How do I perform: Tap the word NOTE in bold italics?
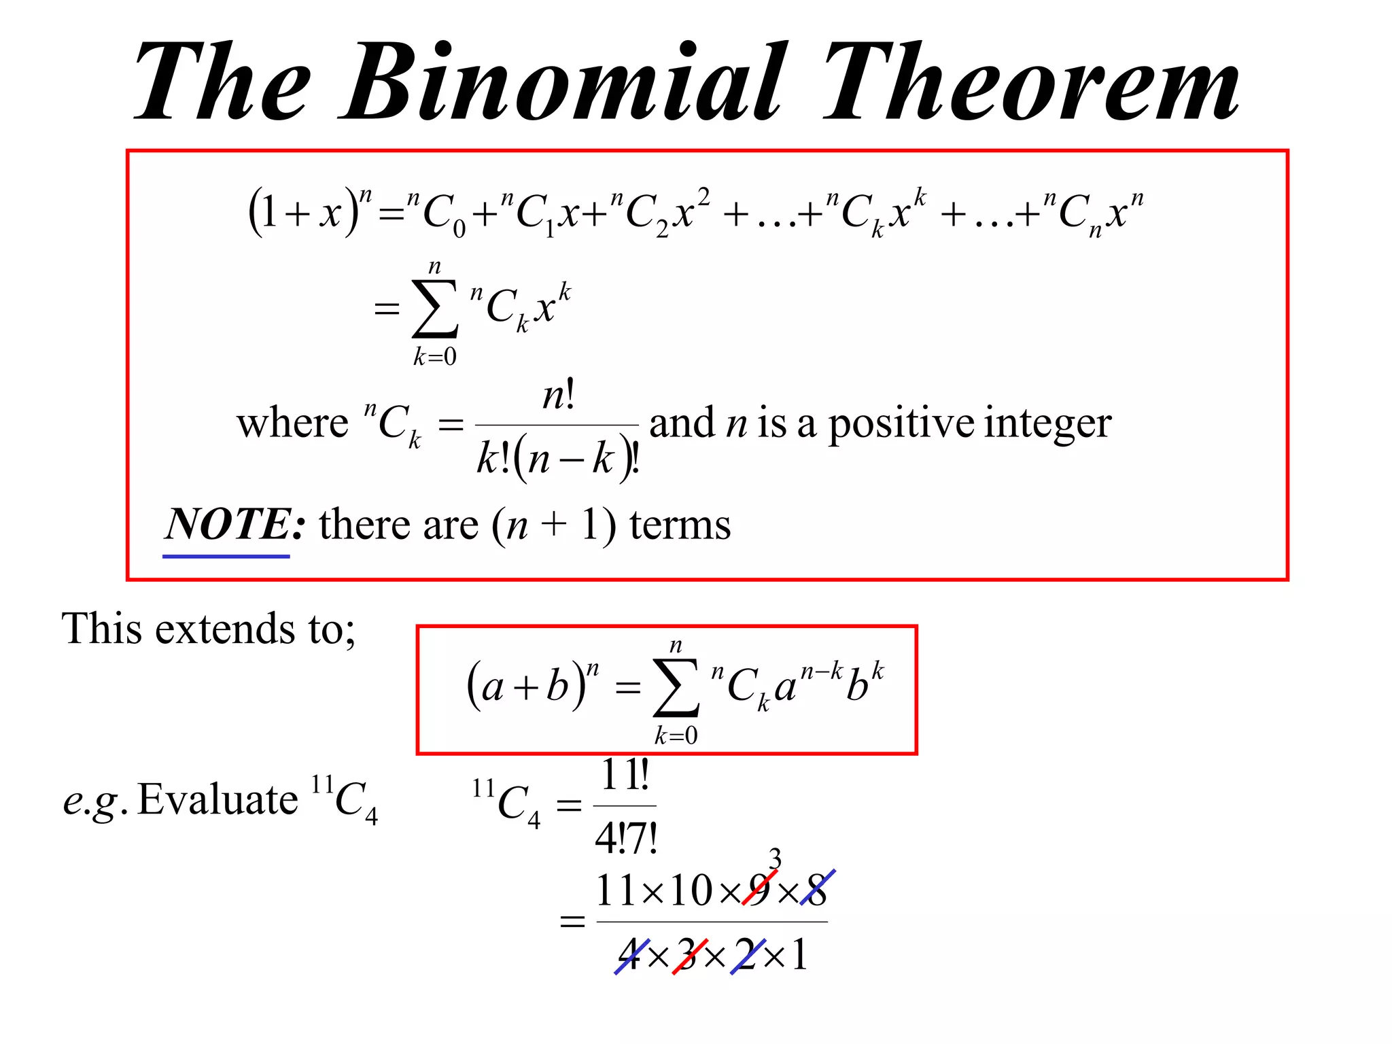228,524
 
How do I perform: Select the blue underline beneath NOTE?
226,556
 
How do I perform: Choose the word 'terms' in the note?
680,525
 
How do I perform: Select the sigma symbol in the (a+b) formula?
676,688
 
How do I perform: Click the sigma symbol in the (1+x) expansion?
435,309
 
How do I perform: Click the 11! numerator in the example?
625,775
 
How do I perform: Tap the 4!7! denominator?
625,838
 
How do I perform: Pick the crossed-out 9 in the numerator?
759,889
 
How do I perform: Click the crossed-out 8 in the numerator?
816,889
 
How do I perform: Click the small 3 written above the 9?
775,859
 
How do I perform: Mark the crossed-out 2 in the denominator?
746,954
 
